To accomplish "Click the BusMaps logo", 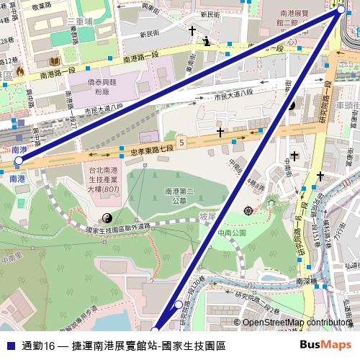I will click(x=325, y=346).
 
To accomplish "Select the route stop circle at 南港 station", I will click(x=19, y=161).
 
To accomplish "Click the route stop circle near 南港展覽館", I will click(x=341, y=11).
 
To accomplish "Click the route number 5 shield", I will click(x=182, y=143).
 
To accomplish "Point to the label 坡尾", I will click(x=208, y=216).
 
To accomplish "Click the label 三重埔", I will click(x=80, y=22).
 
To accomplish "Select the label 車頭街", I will click(x=348, y=104).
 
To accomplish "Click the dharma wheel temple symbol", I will click(x=248, y=210).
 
